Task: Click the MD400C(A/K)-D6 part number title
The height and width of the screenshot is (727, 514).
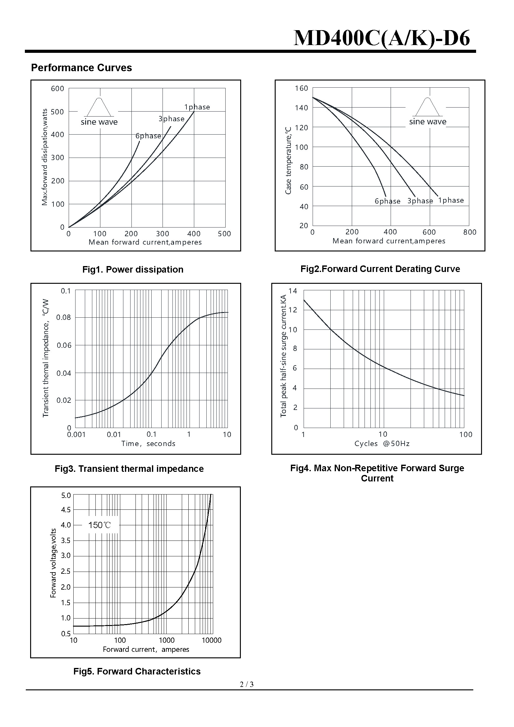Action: point(381,39)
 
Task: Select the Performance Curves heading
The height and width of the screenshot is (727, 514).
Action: point(81,68)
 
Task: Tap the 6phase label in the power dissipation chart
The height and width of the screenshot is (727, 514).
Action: point(148,136)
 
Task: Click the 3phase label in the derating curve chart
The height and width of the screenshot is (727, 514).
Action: point(420,201)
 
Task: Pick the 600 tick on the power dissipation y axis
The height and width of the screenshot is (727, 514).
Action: point(57,89)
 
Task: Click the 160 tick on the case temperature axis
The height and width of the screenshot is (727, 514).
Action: point(301,88)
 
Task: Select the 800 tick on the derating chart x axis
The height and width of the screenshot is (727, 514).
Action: point(470,232)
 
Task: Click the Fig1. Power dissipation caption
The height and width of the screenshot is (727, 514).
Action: point(133,269)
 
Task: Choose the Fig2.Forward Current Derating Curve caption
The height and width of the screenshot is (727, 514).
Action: point(380,269)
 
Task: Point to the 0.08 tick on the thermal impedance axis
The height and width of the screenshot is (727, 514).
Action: point(64,317)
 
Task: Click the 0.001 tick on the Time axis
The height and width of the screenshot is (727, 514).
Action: point(76,435)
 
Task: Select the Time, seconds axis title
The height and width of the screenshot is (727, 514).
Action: point(148,444)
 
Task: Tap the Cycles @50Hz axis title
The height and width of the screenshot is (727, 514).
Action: point(382,444)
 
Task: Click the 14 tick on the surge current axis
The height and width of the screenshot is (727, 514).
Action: point(293,291)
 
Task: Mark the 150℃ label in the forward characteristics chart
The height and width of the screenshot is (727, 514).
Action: point(100,525)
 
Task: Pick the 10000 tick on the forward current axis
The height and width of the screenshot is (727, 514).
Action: point(211,640)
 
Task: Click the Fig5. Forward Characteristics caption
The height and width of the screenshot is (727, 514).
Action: point(137,671)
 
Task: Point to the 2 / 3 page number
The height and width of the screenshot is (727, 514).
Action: point(247,684)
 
